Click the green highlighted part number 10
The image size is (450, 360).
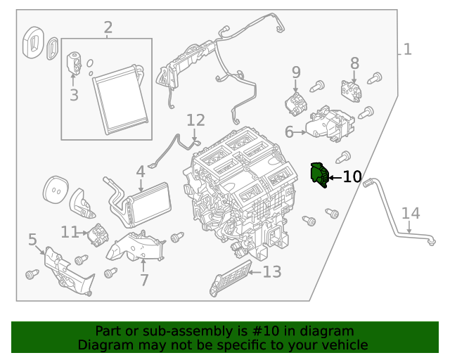coord(320,174)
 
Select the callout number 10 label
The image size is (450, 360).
coord(352,176)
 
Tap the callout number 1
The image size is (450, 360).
coord(407,49)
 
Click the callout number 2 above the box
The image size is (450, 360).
coord(108,28)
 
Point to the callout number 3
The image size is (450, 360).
coord(74,94)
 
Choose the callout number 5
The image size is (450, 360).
coord(32,240)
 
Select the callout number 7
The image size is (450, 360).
coord(144,280)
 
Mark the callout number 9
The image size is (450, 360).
coord(296,72)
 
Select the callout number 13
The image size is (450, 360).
coord(271,271)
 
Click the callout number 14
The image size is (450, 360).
coord(411,213)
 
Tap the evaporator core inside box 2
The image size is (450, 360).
coord(120,98)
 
